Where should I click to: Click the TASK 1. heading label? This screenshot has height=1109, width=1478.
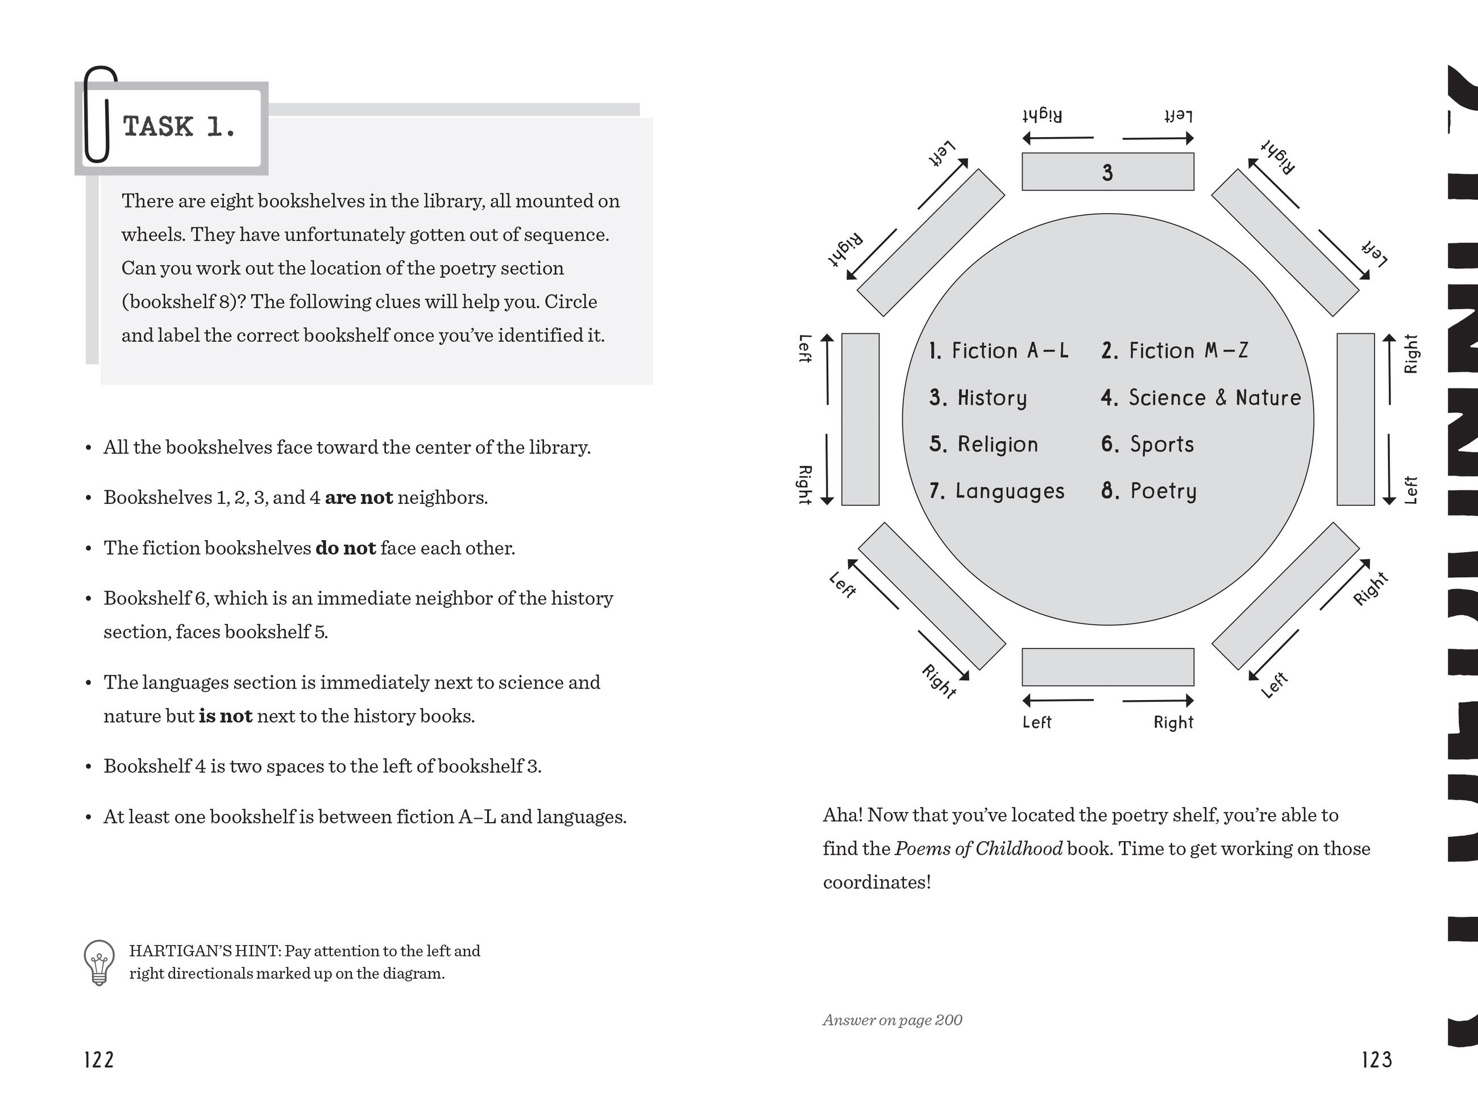179,127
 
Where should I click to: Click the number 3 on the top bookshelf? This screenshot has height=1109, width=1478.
1107,172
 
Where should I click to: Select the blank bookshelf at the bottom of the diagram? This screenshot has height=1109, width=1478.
1107,667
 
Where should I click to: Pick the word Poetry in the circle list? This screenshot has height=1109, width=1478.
1163,491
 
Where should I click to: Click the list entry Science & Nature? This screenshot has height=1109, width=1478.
1214,398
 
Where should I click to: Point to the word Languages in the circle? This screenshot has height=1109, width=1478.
1009,491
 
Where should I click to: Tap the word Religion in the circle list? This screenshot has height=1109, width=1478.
997,445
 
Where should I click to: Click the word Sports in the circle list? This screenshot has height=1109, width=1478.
1161,445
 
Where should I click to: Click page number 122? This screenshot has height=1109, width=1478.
99,1060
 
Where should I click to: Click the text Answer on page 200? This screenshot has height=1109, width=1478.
892,1020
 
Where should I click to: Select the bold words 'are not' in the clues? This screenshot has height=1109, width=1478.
359,498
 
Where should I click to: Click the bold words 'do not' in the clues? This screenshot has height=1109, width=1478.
346,548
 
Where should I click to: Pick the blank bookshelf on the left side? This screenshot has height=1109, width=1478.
860,419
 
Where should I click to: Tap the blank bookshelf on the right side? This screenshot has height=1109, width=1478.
1355,419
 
